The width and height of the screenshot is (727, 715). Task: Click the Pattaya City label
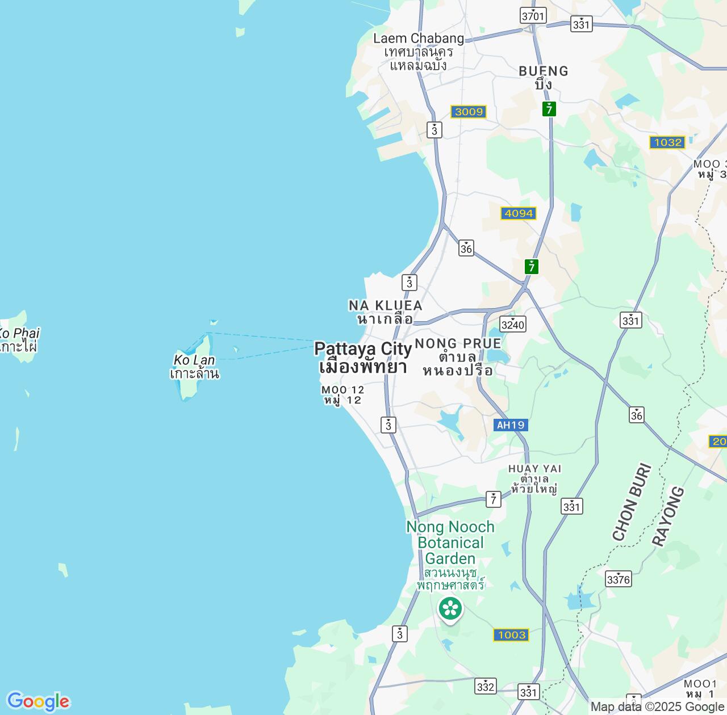[363, 357]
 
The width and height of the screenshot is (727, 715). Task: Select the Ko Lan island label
[194, 367]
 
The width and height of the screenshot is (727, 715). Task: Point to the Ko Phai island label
[19, 339]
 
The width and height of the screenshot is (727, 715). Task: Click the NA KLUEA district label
[385, 312]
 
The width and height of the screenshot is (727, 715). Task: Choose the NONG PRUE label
[458, 356]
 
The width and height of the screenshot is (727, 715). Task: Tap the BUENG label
[544, 77]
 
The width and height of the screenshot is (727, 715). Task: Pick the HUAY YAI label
[534, 478]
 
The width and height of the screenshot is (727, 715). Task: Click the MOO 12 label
[342, 394]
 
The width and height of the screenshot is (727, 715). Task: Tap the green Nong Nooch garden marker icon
[450, 609]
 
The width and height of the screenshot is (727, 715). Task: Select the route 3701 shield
[533, 16]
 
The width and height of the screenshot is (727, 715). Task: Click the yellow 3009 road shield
[469, 112]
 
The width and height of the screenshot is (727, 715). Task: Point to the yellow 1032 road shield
[667, 142]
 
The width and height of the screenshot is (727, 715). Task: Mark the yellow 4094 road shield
[519, 213]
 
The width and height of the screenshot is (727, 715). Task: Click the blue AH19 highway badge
[511, 425]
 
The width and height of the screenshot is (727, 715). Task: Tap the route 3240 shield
[513, 324]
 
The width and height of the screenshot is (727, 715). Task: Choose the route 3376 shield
[619, 579]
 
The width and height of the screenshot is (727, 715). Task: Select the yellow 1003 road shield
[512, 635]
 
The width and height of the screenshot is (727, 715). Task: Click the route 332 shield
[486, 686]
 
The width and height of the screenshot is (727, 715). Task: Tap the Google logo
[38, 701]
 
